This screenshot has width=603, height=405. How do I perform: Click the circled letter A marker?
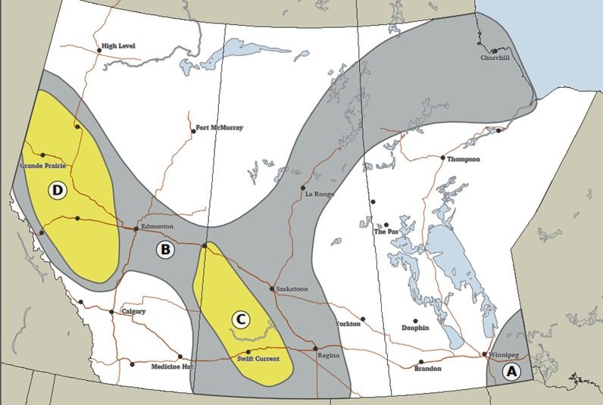pos(511,371)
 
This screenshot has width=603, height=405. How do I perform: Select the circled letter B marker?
pos(164,249)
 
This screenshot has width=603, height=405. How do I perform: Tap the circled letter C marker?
pos(239,319)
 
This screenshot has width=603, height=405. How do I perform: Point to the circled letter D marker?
pos(57,190)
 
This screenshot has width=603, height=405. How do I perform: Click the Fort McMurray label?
pos(220,128)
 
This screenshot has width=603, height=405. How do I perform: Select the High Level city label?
pos(120,46)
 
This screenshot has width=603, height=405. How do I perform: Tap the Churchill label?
pos(498,58)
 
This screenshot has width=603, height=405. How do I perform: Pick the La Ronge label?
pos(319,195)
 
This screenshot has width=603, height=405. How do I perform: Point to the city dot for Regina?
pos(315,348)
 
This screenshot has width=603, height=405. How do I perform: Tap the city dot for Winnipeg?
pos(485,354)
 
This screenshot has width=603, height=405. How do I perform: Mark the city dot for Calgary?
pos(112,312)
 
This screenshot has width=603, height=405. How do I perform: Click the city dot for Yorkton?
pos(363,319)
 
